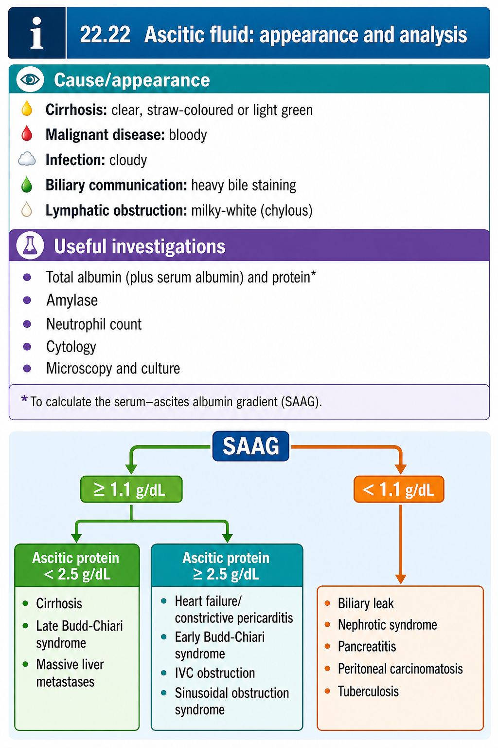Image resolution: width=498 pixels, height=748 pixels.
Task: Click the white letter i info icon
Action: (x=36, y=33)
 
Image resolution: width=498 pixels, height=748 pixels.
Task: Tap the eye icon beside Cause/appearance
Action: (x=30, y=79)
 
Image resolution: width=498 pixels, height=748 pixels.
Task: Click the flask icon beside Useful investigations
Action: (x=30, y=246)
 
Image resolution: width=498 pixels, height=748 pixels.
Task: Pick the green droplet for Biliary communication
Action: (x=27, y=185)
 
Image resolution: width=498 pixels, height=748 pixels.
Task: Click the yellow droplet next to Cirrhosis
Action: (x=27, y=109)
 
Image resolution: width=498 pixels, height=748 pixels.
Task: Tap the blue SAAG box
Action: (x=251, y=446)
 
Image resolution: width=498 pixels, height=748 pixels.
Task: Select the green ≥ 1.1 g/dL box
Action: (x=131, y=489)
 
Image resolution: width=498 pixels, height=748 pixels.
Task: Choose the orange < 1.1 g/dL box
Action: (x=399, y=489)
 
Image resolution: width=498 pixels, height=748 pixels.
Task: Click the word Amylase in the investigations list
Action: (x=72, y=300)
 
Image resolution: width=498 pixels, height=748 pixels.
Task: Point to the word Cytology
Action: (x=71, y=347)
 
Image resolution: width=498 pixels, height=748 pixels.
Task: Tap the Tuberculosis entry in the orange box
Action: (x=368, y=691)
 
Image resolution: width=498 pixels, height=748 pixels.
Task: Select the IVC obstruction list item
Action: (x=215, y=673)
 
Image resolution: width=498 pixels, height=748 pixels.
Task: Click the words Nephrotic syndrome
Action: (x=387, y=625)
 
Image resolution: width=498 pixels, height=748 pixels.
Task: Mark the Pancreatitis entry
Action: (x=367, y=647)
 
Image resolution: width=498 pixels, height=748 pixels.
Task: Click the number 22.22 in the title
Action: (x=105, y=35)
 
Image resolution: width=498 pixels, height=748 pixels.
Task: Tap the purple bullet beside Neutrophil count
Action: (x=27, y=324)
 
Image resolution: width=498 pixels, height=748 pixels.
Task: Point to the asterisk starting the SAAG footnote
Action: (x=24, y=398)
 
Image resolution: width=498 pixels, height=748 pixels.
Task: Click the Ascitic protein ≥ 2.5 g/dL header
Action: (x=227, y=566)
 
